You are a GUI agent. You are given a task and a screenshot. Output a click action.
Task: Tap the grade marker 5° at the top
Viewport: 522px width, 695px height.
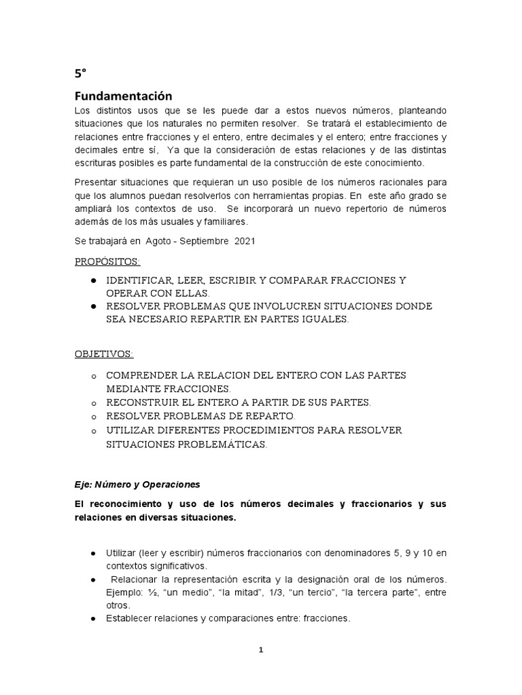click(79, 73)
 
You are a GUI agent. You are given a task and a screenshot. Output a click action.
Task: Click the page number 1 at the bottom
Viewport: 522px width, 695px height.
click(260, 650)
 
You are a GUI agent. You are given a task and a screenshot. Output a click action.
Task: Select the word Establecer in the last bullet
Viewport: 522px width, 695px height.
click(129, 618)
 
